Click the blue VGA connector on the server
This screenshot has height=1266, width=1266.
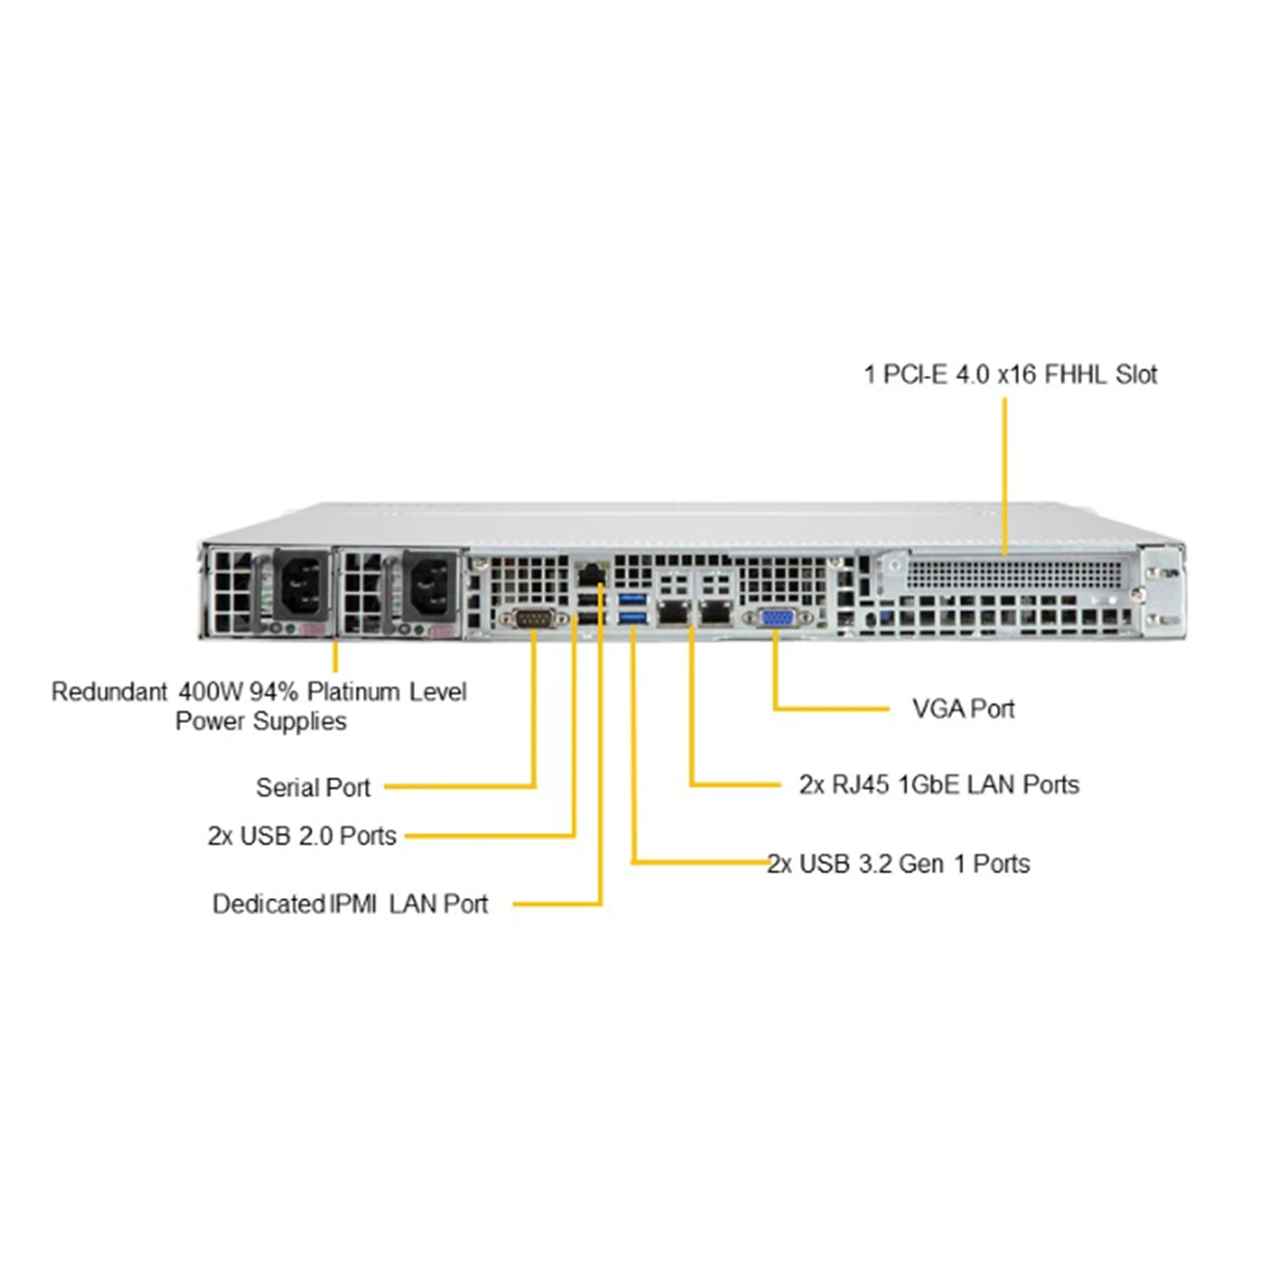[x=777, y=617]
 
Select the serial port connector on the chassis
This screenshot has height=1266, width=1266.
[x=533, y=619]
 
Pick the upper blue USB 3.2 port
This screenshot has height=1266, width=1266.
[x=633, y=597]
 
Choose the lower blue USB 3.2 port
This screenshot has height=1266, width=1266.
[x=633, y=617]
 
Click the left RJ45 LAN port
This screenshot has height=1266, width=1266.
[x=673, y=612]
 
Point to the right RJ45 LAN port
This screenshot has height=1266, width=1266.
[x=715, y=612]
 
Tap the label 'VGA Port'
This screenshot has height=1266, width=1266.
[x=963, y=709]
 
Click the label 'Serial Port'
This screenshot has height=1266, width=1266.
[x=313, y=787]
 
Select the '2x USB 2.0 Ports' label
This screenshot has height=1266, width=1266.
[x=302, y=836]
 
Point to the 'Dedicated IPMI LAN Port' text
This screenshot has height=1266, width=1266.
[x=351, y=904]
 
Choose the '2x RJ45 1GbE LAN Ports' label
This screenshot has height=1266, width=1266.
[x=939, y=784]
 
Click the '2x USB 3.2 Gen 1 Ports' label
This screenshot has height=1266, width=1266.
[x=899, y=863]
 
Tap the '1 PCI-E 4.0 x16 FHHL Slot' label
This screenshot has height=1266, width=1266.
[x=1010, y=374]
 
